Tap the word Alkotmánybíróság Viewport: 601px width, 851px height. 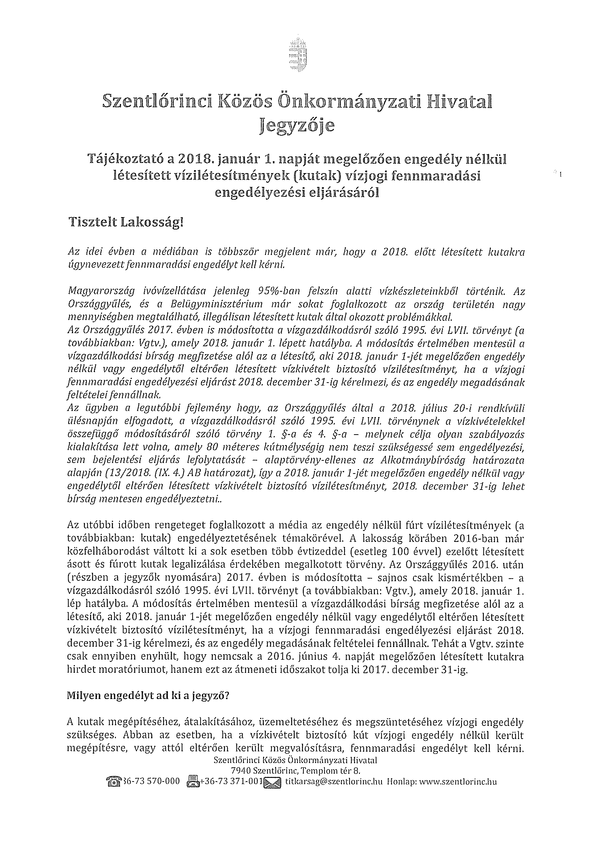click(x=421, y=460)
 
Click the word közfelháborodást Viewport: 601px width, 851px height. click(x=108, y=551)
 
